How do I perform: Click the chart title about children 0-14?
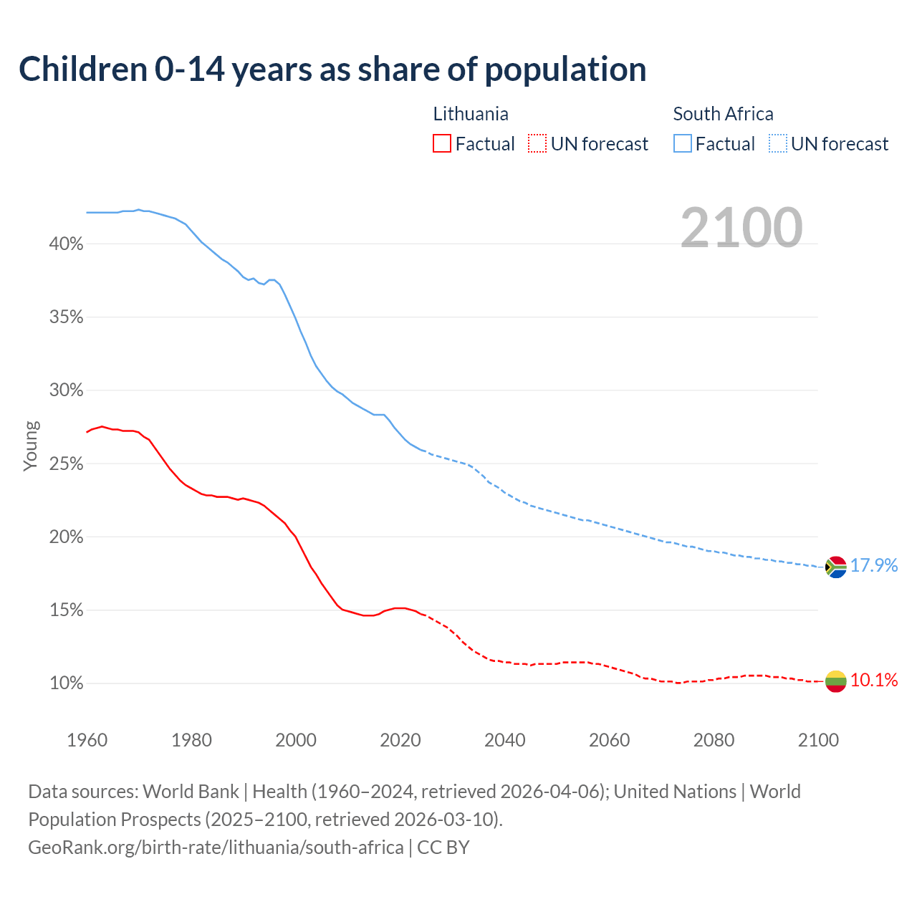pyautogui.click(x=332, y=69)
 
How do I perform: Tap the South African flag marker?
pyautogui.click(x=835, y=567)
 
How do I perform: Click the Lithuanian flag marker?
pyautogui.click(x=835, y=681)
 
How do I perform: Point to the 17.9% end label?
pyautogui.click(x=874, y=565)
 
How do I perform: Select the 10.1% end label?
pyautogui.click(x=874, y=680)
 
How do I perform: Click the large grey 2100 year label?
pyautogui.click(x=741, y=228)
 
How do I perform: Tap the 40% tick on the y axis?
pyautogui.click(x=66, y=244)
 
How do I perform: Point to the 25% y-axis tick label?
pyautogui.click(x=66, y=464)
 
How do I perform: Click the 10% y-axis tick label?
pyautogui.click(x=66, y=683)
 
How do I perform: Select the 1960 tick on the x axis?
pyautogui.click(x=87, y=740)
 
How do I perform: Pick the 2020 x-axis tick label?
pyautogui.click(x=400, y=740)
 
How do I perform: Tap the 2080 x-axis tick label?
pyautogui.click(x=714, y=740)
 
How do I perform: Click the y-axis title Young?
pyautogui.click(x=31, y=446)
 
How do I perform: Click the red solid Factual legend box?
pyautogui.click(x=442, y=144)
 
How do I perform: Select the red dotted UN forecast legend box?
pyautogui.click(x=537, y=144)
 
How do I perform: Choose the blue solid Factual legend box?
pyautogui.click(x=682, y=144)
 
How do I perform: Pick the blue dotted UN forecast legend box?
pyautogui.click(x=777, y=144)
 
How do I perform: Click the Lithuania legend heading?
pyautogui.click(x=471, y=114)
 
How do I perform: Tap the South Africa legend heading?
pyautogui.click(x=723, y=114)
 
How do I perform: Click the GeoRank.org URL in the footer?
pyautogui.click(x=216, y=848)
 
